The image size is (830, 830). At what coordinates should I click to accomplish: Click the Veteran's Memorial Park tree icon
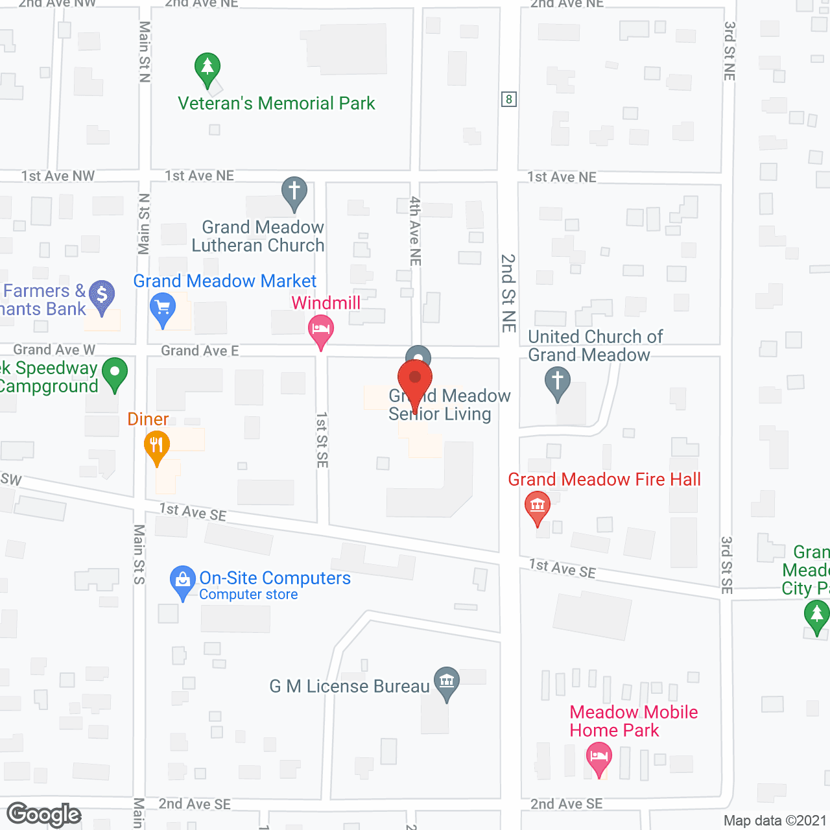point(207,67)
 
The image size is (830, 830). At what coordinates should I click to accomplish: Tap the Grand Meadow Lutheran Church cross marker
point(294,192)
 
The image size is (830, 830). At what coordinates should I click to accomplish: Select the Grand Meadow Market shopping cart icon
point(162,307)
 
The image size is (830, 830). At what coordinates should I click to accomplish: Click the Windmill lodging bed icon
point(320,329)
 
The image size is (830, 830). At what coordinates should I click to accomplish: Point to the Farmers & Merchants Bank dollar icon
point(102,295)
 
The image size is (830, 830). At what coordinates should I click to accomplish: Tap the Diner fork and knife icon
point(156,446)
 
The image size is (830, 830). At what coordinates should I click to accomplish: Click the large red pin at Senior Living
point(415,379)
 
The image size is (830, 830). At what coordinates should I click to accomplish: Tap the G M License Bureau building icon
point(446,682)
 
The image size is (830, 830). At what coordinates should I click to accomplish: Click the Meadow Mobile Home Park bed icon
point(599,757)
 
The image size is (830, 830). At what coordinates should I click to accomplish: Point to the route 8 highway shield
point(509,99)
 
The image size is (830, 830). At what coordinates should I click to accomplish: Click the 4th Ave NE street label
point(415,231)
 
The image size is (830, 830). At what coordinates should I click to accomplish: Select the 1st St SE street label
point(322,440)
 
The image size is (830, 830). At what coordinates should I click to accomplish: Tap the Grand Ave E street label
point(200,351)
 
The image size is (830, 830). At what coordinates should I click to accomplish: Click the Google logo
point(44,814)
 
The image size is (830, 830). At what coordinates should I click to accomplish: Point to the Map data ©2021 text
point(775,821)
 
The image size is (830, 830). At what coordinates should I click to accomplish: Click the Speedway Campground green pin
point(115,373)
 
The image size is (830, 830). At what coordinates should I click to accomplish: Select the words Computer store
point(248,595)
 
